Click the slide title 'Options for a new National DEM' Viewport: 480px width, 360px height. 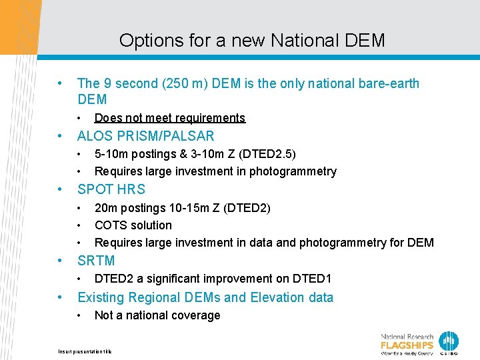[252, 40]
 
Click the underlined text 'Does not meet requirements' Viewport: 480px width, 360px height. [170, 118]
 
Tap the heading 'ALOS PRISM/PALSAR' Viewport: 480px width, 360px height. [146, 136]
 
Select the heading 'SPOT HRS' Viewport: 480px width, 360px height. [111, 189]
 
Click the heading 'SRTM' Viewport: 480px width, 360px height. [96, 261]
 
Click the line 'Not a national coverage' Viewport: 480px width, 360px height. [157, 315]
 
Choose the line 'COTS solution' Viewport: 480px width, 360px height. [133, 225]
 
